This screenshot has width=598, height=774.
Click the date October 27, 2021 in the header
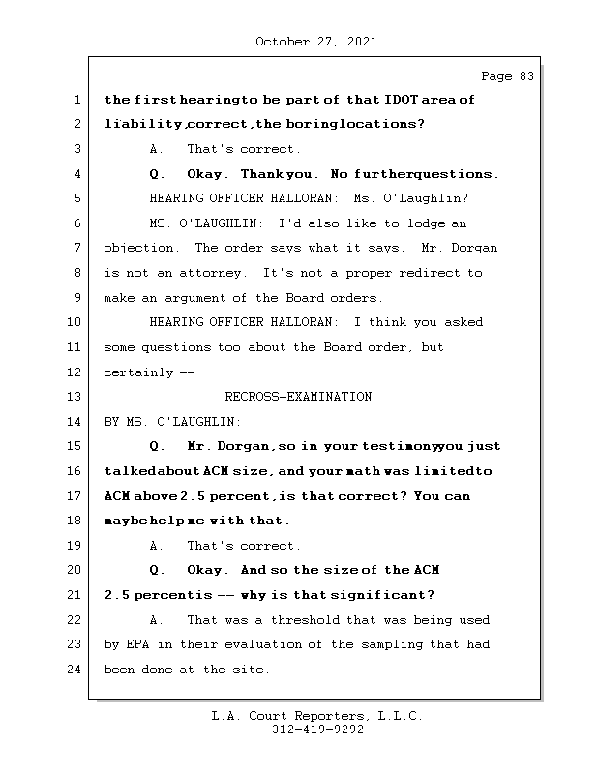coord(316,42)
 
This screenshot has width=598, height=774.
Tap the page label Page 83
coord(507,76)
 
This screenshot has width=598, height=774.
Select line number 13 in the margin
coord(75,397)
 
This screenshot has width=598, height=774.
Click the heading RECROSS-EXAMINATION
coord(298,397)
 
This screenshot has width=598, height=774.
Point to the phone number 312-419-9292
coord(317,730)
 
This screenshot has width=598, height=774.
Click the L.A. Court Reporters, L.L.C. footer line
coord(317,716)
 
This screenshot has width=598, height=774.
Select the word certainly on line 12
coord(138,372)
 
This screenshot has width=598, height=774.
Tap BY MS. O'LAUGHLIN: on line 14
coord(172,422)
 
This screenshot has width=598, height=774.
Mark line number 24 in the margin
coord(75,670)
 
